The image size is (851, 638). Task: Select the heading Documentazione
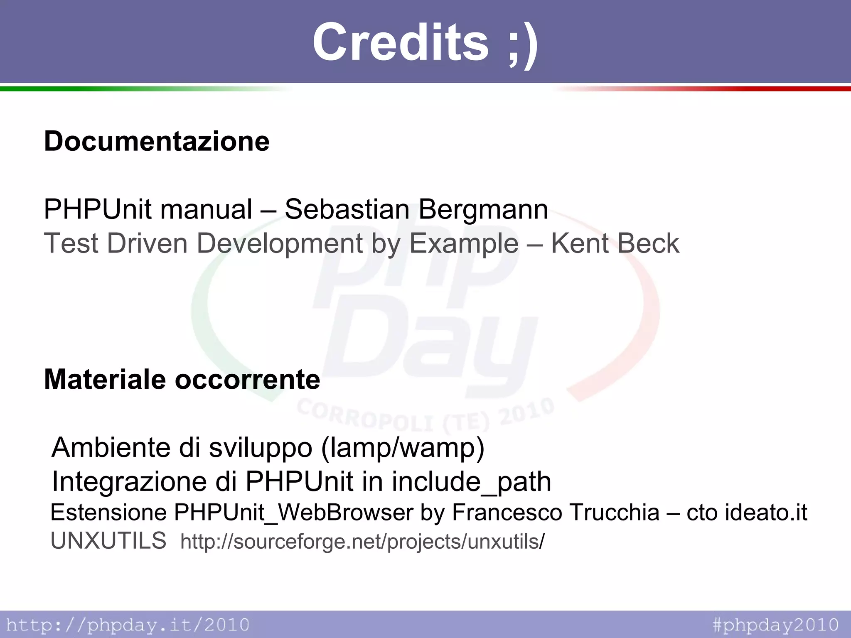pos(157,141)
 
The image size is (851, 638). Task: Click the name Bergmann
pos(483,210)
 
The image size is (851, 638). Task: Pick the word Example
pos(464,244)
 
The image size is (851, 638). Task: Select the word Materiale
pos(105,380)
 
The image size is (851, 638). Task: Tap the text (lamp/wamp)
pos(403,448)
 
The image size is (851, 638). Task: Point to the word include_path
pos(471,482)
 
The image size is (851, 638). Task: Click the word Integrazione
pos(129,482)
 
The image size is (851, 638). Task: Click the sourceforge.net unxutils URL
pos(362,542)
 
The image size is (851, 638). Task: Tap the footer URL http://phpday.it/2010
pos(128,625)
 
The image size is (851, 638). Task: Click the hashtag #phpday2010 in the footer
pos(775,625)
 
